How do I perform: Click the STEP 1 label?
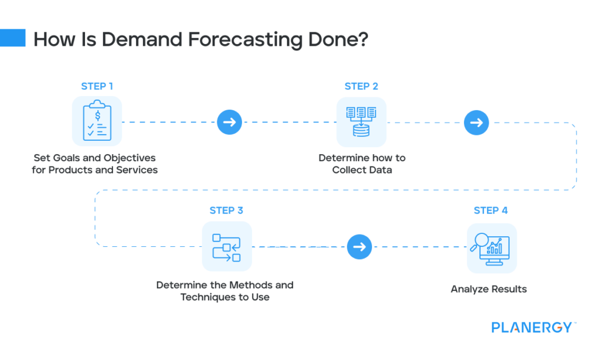point(97,86)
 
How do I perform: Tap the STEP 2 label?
point(361,86)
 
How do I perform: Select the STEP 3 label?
point(226,210)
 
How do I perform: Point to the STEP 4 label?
point(490,210)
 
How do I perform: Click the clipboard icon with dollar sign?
point(97,121)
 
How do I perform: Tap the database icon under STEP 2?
point(361,122)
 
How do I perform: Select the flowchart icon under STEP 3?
point(226,246)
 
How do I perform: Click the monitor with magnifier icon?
point(491,247)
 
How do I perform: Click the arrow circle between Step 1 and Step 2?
point(229,123)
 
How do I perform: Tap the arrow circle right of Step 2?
point(476,123)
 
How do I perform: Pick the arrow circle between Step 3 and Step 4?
point(359,247)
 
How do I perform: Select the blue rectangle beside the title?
point(13,38)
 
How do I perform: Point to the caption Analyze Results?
point(489,289)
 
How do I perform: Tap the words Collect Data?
point(362,170)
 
